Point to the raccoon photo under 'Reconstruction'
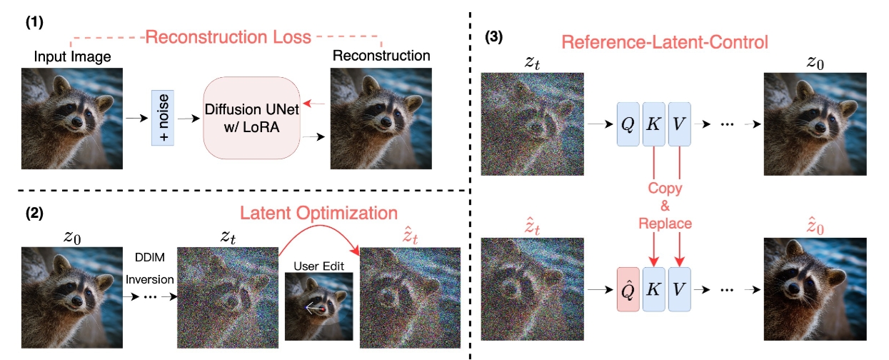click(381, 117)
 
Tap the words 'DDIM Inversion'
click(151, 268)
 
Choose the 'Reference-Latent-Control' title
click(664, 41)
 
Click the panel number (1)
click(34, 22)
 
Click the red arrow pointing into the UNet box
click(312, 104)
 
